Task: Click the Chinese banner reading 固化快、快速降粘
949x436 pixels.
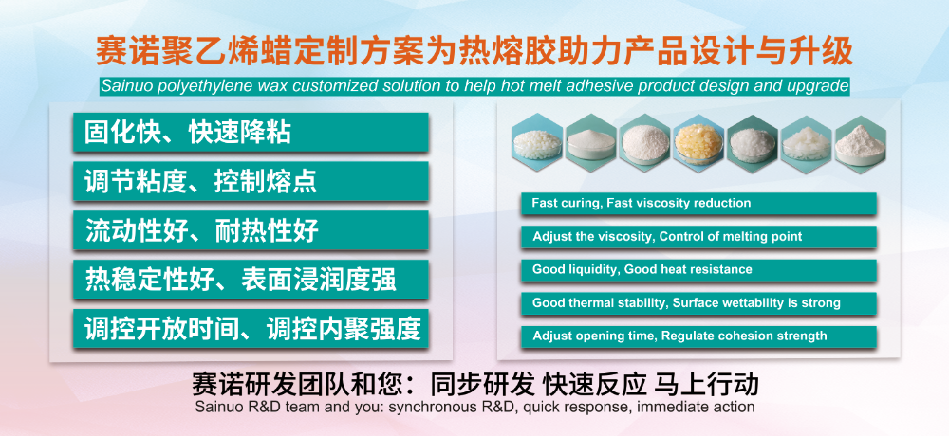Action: coord(251,132)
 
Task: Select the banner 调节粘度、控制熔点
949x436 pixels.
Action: coord(251,181)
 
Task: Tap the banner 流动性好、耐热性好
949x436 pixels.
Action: coord(251,230)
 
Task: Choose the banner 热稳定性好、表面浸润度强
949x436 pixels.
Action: coord(251,280)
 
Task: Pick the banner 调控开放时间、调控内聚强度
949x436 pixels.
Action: coord(251,328)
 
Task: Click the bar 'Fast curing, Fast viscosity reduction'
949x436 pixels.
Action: coord(698,203)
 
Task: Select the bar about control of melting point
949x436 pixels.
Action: coord(698,236)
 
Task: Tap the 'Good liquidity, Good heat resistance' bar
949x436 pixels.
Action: coord(698,270)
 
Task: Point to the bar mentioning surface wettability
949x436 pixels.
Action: coord(698,303)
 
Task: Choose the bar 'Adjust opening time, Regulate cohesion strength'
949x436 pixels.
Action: coord(698,336)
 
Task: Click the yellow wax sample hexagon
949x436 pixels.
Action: coord(698,144)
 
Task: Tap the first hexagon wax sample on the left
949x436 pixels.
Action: coord(537,144)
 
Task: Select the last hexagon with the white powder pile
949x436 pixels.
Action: coord(860,144)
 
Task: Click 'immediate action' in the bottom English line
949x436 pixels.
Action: coord(696,407)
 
